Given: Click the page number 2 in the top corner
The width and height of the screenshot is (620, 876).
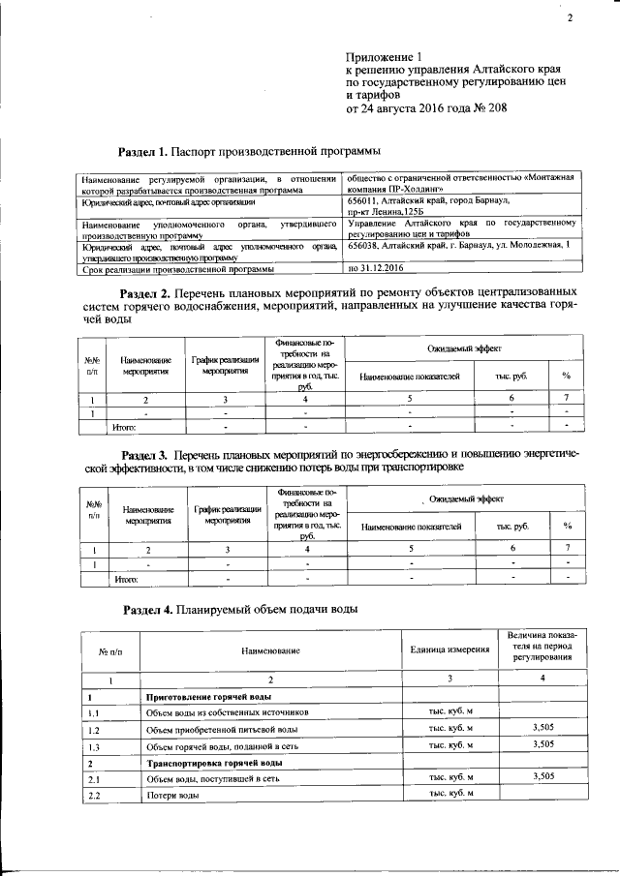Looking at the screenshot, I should [570, 18].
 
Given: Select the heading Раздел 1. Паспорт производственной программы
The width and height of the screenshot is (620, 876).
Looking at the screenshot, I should [249, 152].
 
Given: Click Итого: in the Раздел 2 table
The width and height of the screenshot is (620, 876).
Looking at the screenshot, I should [125, 426].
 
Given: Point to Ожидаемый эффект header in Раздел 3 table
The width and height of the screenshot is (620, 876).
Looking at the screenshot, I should [465, 498].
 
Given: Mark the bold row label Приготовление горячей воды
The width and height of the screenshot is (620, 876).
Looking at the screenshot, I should [207, 697].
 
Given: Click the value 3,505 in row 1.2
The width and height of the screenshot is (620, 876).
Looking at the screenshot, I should [542, 728].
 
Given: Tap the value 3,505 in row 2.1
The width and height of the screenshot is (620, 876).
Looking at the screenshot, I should [542, 777].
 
